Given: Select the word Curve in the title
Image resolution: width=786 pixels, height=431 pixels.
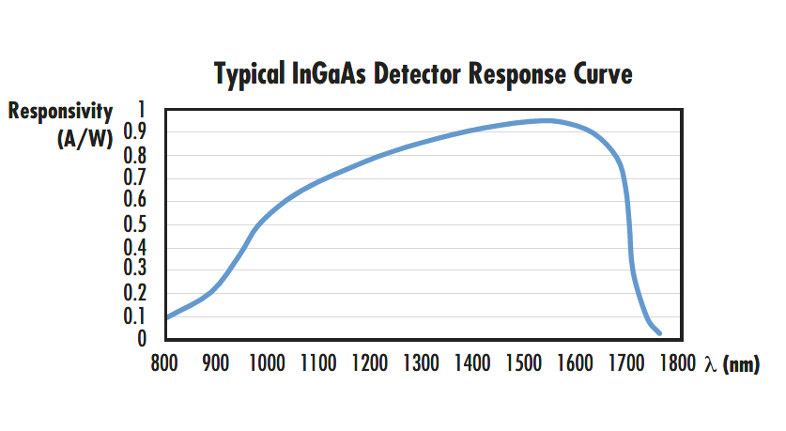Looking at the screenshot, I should tap(602, 74).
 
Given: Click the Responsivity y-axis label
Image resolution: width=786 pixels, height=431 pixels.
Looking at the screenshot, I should tap(61, 112).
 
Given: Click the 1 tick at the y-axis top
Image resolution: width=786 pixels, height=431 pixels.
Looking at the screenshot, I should tap(142, 109).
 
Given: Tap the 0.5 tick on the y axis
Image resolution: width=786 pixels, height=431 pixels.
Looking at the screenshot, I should tap(135, 223).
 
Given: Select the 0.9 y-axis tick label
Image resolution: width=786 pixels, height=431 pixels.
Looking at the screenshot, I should tap(135, 132).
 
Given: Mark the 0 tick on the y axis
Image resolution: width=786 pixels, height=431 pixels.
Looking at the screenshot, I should tap(142, 338).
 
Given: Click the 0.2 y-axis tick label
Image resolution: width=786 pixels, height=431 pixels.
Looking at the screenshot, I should tap(135, 292).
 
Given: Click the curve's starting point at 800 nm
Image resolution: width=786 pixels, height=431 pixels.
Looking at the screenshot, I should tap(167, 317).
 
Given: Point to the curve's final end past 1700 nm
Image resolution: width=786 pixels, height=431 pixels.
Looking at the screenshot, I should tap(660, 332).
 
